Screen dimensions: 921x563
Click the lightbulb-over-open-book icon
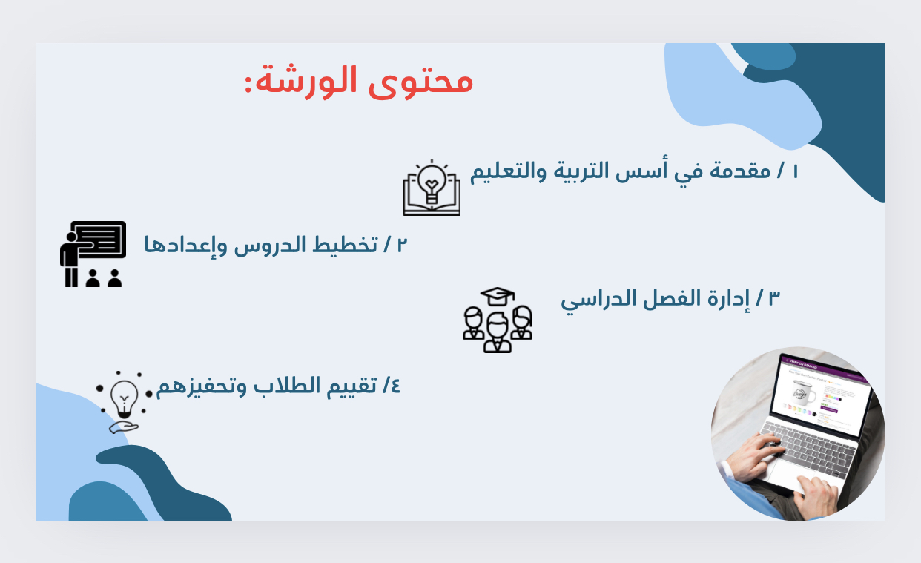(432, 188)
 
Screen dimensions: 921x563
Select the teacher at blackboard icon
(93, 254)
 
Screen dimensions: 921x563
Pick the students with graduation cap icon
(497, 320)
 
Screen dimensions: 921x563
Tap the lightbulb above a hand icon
(124, 402)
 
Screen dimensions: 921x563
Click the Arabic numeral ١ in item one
(795, 171)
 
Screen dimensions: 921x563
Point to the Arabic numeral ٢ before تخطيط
(402, 245)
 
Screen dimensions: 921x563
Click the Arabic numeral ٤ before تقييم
(395, 386)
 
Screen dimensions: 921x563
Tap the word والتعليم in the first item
(508, 171)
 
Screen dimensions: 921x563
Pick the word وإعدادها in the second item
(185, 246)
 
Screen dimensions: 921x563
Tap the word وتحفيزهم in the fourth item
(202, 387)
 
